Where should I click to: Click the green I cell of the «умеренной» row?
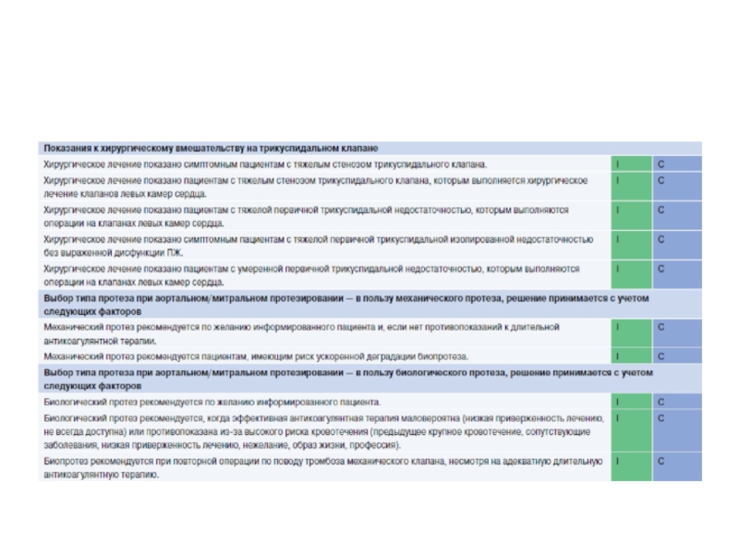pos(631,274)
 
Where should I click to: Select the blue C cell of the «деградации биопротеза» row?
pos(677,355)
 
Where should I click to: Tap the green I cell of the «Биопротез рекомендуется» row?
pos(631,467)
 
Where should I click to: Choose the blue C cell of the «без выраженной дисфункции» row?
pos(677,245)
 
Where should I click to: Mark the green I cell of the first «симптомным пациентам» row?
pos(631,163)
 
